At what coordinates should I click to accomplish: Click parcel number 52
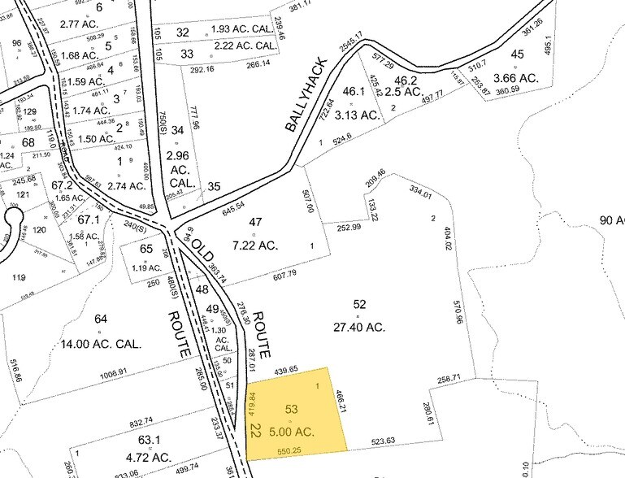coord(359,304)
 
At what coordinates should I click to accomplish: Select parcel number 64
coord(101,319)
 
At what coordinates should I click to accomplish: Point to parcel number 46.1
coord(353,92)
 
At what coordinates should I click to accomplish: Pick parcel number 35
coord(214,186)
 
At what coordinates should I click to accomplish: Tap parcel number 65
coord(146,249)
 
